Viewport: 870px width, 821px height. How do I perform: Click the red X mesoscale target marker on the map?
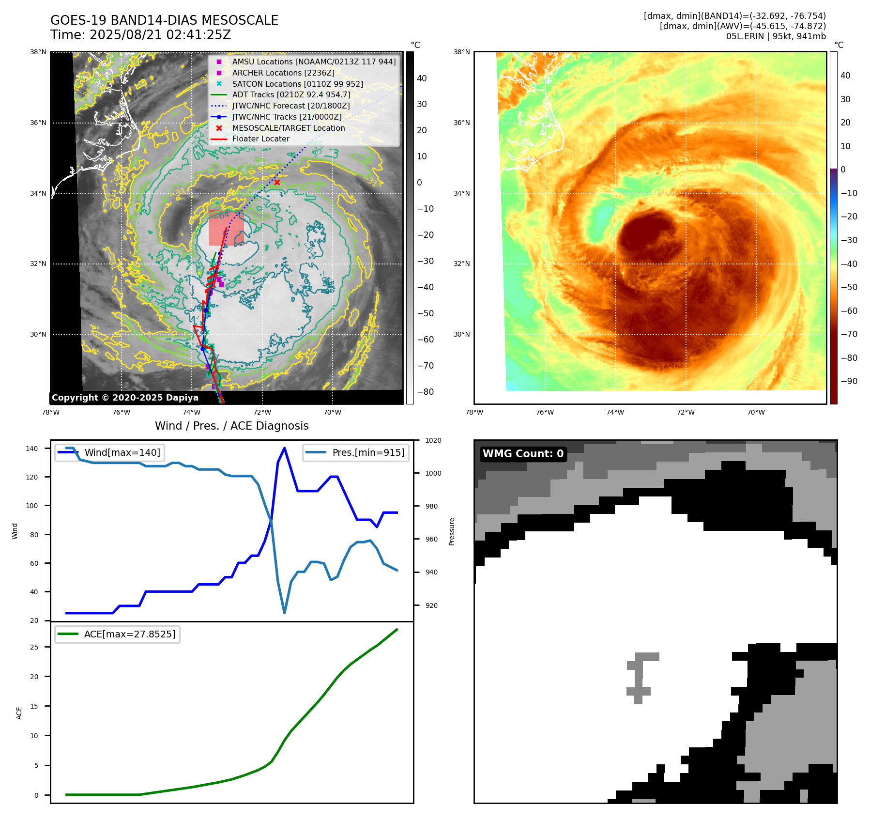click(x=277, y=183)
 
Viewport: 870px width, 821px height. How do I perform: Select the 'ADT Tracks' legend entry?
click(x=291, y=95)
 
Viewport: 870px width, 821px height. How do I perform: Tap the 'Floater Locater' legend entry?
click(x=260, y=139)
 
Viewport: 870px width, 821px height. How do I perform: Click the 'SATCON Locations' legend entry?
click(x=297, y=84)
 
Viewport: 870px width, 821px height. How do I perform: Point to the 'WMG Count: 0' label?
click(x=523, y=454)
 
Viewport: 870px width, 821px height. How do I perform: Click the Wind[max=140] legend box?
click(x=109, y=452)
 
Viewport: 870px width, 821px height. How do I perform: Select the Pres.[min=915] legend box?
click(x=356, y=452)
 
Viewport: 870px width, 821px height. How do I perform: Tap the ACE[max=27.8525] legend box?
click(x=117, y=634)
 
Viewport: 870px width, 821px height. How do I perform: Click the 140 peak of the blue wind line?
click(x=284, y=448)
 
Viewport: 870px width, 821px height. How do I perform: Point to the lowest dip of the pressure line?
click(x=284, y=613)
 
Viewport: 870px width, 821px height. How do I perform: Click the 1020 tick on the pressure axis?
click(x=433, y=440)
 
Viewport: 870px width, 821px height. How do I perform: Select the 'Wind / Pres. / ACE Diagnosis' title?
click(x=231, y=426)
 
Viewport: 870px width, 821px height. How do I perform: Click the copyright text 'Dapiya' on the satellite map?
click(x=182, y=398)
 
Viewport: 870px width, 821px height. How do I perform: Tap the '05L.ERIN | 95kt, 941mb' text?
click(x=776, y=36)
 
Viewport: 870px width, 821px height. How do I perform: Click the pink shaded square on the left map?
click(x=226, y=228)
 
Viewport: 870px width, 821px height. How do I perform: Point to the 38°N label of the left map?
click(x=38, y=52)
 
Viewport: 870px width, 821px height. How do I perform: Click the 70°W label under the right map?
click(x=756, y=413)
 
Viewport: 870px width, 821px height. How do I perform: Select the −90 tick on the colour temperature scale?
click(x=849, y=381)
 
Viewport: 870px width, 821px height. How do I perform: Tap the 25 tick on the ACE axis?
click(x=34, y=647)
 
